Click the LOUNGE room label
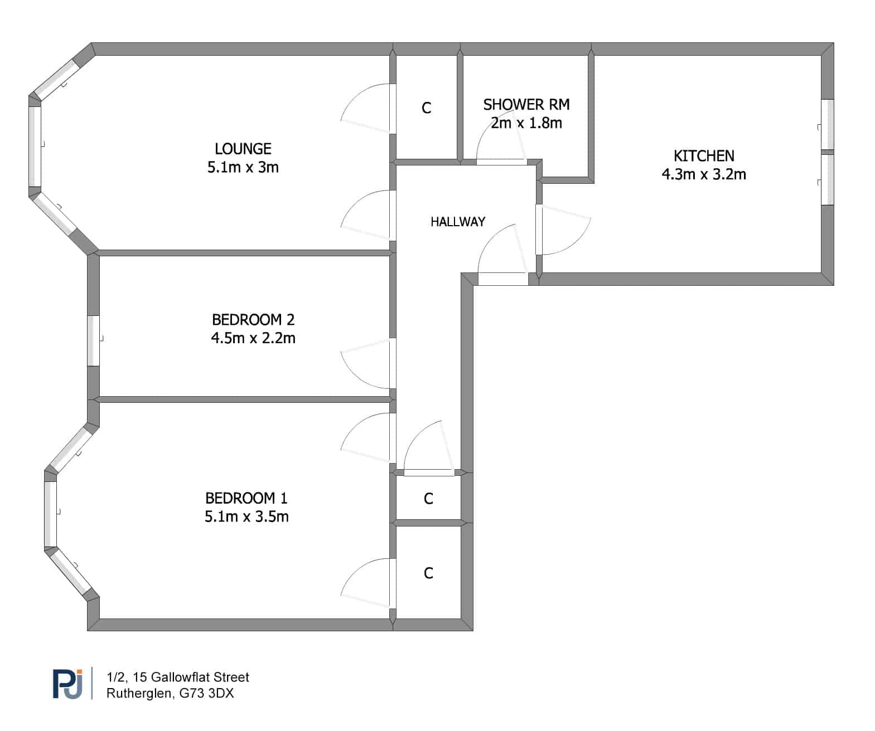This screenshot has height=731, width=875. (243, 149)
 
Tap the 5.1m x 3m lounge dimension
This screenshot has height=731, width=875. (243, 167)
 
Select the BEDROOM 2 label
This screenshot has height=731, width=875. (253, 319)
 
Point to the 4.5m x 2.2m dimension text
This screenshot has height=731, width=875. (253, 338)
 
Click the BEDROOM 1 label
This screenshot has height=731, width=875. (246, 498)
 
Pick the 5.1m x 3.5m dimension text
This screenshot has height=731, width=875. (246, 516)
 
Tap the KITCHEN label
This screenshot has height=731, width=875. (704, 156)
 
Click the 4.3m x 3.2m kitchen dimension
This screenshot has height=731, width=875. (704, 174)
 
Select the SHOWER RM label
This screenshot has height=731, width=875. (526, 104)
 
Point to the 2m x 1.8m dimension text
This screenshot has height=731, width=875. (526, 123)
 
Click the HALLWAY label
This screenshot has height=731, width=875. (458, 222)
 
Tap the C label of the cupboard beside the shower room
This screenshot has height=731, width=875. (426, 108)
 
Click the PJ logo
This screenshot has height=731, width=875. (67, 684)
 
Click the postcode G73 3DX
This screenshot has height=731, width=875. (206, 693)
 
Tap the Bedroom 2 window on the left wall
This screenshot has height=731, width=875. (94, 341)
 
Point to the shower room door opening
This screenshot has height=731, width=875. (501, 162)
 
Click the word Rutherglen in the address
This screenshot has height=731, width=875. (139, 693)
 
